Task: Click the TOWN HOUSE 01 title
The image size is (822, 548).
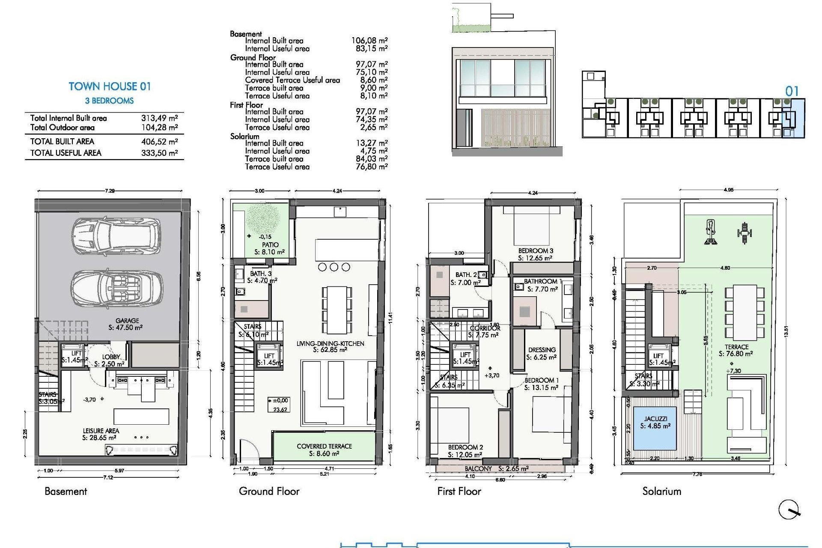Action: pos(110,86)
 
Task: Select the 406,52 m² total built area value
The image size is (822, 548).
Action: pos(159,142)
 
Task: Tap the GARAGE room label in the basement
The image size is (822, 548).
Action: pos(127,321)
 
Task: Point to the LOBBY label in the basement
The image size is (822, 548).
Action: pos(111,357)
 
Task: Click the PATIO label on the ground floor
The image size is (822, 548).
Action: pos(271,245)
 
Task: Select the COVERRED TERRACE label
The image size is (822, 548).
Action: pos(324,446)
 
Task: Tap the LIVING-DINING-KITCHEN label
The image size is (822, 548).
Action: pos(330,344)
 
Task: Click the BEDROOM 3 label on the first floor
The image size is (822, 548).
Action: pos(536,251)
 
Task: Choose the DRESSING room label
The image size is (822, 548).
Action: pos(542,350)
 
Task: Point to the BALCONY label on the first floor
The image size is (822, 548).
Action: pos(478,469)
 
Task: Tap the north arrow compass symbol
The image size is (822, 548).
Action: pos(789,510)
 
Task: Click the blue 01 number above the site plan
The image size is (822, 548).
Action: pos(792,91)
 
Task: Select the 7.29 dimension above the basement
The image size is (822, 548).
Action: pos(110,191)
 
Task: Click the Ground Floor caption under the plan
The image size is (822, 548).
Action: pos(269,491)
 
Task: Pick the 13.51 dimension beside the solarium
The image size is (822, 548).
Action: pos(786,332)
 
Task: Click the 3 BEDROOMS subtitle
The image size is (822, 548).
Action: pos(109,101)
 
